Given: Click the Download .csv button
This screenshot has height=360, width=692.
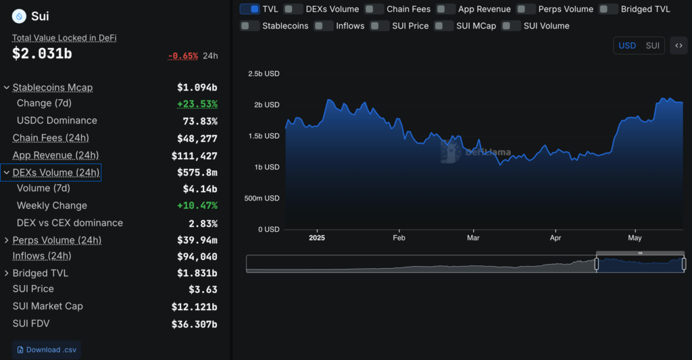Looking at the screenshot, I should [46, 350].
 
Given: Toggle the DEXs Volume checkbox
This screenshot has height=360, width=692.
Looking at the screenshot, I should [293, 9].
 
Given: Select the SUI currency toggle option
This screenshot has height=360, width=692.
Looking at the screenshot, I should [652, 46].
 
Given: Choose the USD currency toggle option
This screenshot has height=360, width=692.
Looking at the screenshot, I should [627, 46].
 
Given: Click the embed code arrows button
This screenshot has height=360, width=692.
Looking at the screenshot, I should [679, 46].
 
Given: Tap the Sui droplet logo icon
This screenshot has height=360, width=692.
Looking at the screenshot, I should [19, 16].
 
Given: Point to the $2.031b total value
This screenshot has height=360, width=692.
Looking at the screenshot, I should [42, 55].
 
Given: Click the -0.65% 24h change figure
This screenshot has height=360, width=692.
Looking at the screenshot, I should [182, 55].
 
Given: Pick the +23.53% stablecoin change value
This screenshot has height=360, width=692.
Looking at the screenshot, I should [197, 104].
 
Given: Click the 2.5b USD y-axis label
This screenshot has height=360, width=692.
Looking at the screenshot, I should [264, 74].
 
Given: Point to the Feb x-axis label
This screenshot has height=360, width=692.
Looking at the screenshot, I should [399, 238].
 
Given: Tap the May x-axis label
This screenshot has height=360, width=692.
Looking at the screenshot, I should [635, 238].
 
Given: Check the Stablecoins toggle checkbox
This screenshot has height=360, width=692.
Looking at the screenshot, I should [250, 26].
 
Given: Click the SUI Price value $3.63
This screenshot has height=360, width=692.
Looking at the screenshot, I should [203, 290].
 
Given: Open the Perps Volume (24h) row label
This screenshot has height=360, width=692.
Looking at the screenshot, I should [57, 240].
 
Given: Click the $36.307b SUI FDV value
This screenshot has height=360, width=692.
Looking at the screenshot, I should [195, 324].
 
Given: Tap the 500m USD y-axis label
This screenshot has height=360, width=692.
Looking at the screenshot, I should [262, 198].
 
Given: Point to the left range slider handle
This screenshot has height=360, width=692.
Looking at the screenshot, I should [596, 263].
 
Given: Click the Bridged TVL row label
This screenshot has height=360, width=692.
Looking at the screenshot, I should [41, 274].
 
